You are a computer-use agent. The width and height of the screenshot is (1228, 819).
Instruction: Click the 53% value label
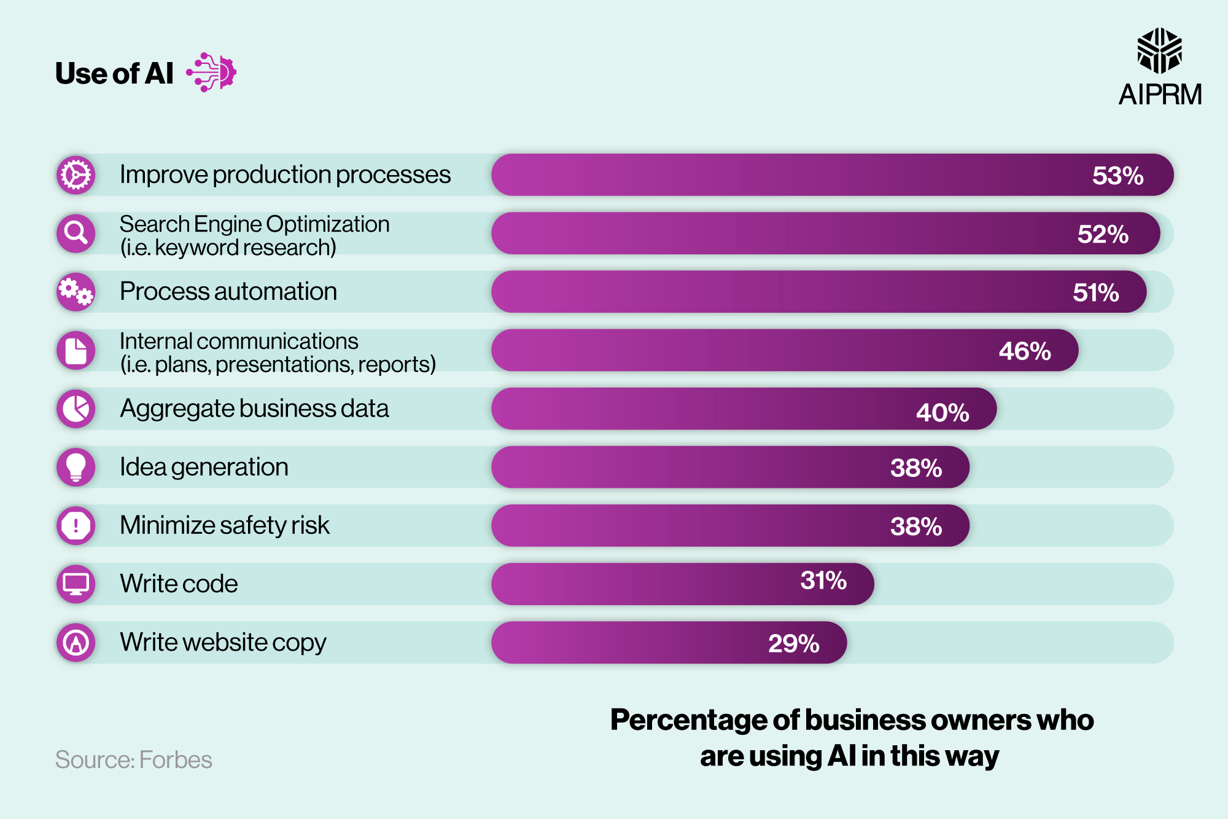point(1117,176)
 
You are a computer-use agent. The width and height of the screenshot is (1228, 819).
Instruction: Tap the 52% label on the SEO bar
point(1103,234)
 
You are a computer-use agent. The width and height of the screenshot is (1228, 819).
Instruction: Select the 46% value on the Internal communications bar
point(1024,351)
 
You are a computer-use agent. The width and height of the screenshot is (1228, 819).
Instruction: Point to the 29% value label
point(793,643)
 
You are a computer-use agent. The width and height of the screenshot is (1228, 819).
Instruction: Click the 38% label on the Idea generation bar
point(915,468)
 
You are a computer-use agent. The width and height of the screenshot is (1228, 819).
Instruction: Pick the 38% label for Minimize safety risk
point(915,527)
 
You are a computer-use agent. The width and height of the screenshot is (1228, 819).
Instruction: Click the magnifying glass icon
point(76,233)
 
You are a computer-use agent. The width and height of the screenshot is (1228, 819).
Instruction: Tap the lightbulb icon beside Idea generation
point(76,467)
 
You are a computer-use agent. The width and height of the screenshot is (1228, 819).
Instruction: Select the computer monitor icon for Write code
point(76,584)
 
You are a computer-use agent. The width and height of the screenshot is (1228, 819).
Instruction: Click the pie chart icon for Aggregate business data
point(76,409)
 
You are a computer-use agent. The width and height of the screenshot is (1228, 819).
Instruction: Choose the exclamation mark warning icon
point(76,525)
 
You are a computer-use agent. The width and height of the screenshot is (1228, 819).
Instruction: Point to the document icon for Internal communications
point(76,350)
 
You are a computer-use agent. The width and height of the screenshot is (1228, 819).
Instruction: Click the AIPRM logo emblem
point(1159,50)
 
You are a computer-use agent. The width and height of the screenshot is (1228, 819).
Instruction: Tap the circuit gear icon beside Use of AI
point(212,72)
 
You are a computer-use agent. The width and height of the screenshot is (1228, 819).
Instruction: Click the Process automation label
point(228,291)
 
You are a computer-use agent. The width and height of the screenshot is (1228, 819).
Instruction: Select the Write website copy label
point(223,642)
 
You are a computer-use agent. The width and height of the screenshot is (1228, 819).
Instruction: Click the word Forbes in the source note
point(176,760)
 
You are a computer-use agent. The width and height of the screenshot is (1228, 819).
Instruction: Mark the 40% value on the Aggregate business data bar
point(942,412)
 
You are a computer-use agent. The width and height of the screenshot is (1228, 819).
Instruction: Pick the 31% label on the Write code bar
point(823,581)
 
